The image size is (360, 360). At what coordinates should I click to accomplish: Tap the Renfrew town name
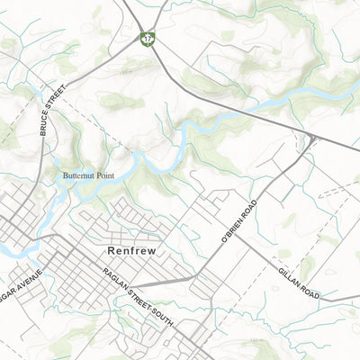(x=130, y=251)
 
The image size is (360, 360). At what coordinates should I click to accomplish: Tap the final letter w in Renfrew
(x=150, y=251)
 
